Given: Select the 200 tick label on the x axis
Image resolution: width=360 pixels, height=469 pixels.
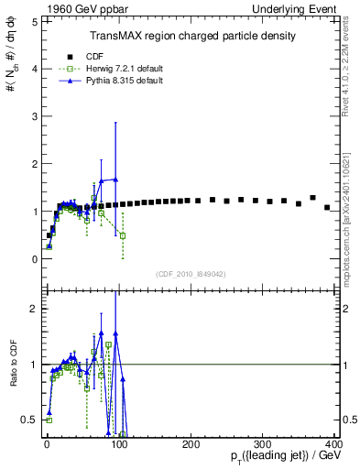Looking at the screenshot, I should (191, 444).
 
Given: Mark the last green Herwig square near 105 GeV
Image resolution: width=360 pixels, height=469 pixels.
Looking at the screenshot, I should (123, 235).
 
